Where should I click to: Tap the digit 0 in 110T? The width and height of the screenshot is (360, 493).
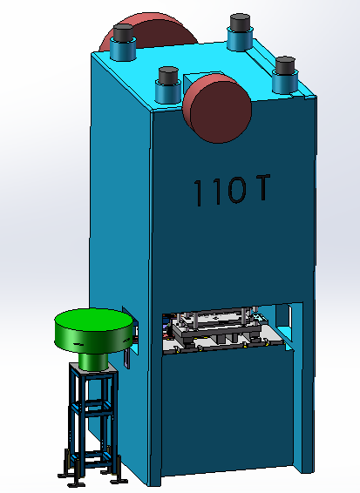pos(236,190)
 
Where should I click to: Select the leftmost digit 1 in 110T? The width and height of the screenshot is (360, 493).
pos(198,193)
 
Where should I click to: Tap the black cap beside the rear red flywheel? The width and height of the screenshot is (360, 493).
pos(123,32)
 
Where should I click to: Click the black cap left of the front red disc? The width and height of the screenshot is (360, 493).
pos(168,76)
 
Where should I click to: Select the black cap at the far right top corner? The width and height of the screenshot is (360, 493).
pos(285,65)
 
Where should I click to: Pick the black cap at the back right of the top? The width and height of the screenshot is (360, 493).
pos(240,23)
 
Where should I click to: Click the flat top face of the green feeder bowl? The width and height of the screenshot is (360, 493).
pos(93,320)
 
